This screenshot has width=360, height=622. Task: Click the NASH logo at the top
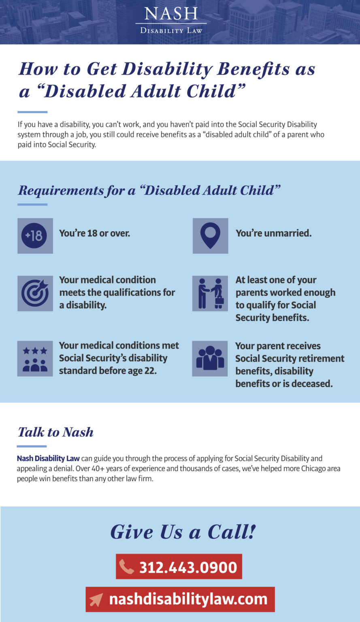click(171, 19)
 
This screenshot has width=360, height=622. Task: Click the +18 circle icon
click(34, 236)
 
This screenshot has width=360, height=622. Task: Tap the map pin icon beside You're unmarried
click(210, 236)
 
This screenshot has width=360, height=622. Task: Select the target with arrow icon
click(35, 293)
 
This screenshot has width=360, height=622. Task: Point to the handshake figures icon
click(210, 293)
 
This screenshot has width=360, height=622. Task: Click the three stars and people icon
click(35, 359)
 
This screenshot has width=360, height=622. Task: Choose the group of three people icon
click(210, 358)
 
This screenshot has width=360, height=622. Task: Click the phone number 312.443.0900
click(188, 567)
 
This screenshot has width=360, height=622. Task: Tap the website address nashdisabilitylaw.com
click(188, 599)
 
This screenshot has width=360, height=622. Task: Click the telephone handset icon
click(127, 567)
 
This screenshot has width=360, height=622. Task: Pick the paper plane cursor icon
click(96, 600)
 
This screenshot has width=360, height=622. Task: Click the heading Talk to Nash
click(55, 432)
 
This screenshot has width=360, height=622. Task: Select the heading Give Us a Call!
click(183, 532)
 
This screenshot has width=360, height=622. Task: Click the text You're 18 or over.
click(95, 233)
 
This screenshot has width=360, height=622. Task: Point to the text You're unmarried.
click(274, 233)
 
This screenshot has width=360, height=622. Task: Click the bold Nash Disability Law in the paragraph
click(48, 459)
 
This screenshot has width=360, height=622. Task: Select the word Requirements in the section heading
click(61, 190)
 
